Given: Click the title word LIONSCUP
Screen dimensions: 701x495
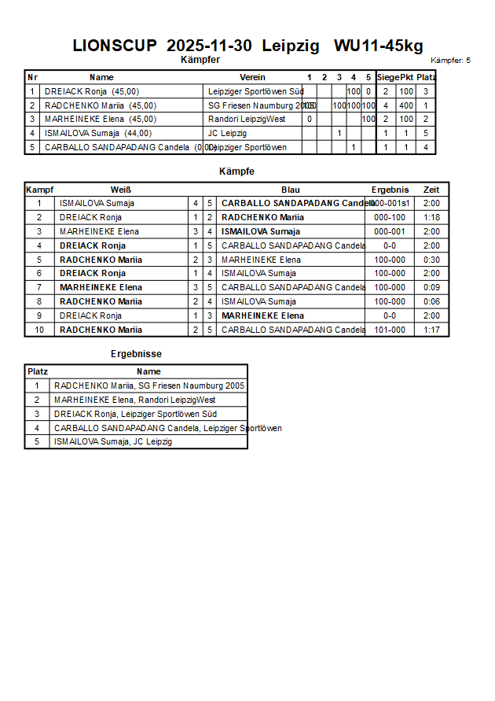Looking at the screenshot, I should tap(115, 46).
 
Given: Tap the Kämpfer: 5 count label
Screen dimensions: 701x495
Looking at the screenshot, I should tap(450, 61).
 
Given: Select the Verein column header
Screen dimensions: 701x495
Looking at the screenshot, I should tap(252, 77).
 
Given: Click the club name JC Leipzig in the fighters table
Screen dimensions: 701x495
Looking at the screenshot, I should tap(227, 133).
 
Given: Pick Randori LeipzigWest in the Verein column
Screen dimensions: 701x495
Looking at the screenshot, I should tap(246, 119).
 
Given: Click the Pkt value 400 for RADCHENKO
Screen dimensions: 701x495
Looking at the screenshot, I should tap(405, 105).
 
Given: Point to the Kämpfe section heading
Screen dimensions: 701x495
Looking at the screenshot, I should tap(236, 171).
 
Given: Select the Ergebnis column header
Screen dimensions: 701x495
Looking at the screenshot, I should tap(390, 190).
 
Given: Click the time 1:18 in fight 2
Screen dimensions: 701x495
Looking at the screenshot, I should tap(431, 217).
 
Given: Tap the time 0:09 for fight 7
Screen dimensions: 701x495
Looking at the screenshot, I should tap(431, 287).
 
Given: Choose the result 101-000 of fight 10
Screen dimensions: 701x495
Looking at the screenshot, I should tap(390, 330).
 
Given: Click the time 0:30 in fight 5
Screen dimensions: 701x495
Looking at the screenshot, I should tap(431, 260).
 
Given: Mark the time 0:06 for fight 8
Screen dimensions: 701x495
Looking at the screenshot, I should tap(431, 301).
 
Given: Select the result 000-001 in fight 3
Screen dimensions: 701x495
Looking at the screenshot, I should tap(390, 231).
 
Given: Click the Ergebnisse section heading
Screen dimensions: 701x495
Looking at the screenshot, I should tap(136, 354).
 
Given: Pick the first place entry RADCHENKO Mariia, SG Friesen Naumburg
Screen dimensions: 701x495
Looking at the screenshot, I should tap(149, 386).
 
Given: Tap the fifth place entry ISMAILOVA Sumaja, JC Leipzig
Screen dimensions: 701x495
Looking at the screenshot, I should tap(113, 441).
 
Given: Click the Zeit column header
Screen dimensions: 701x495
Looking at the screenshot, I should tap(431, 190).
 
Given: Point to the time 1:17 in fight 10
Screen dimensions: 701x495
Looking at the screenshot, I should tap(431, 330).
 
